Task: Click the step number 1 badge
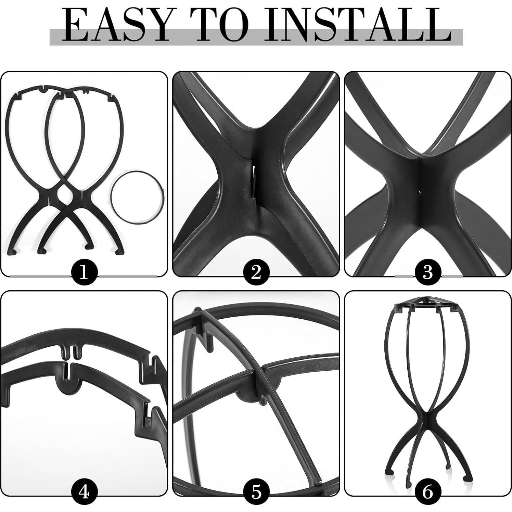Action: point(85,273)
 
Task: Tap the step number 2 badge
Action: point(256,273)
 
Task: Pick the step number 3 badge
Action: point(428,273)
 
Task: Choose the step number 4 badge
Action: point(85,492)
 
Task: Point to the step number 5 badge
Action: point(256,492)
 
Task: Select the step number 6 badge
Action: point(428,492)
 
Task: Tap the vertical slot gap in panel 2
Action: point(254,180)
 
